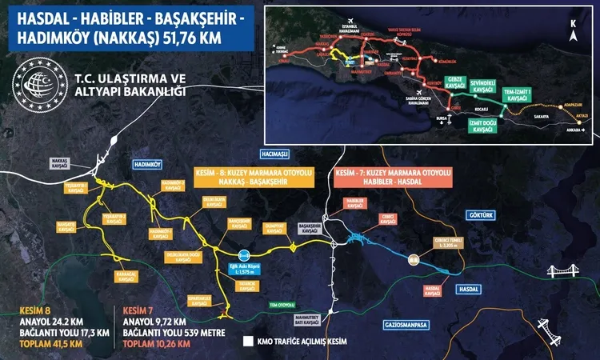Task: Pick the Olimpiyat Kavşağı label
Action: pos(275,227)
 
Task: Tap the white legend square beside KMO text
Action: pos(248,340)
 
